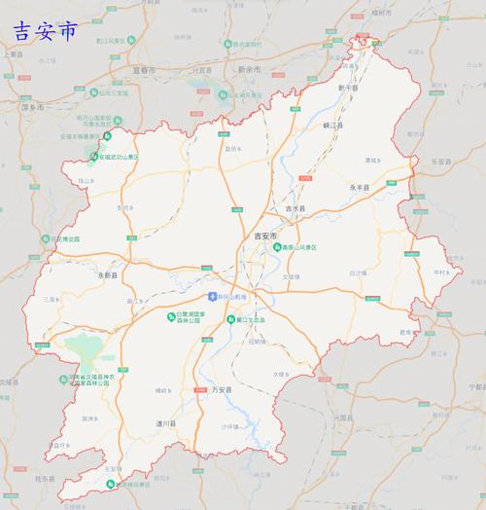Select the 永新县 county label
coord(107,276)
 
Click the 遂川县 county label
coord(166,425)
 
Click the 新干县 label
coord(348,88)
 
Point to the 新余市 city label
coord(251,70)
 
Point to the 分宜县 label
coord(201,70)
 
